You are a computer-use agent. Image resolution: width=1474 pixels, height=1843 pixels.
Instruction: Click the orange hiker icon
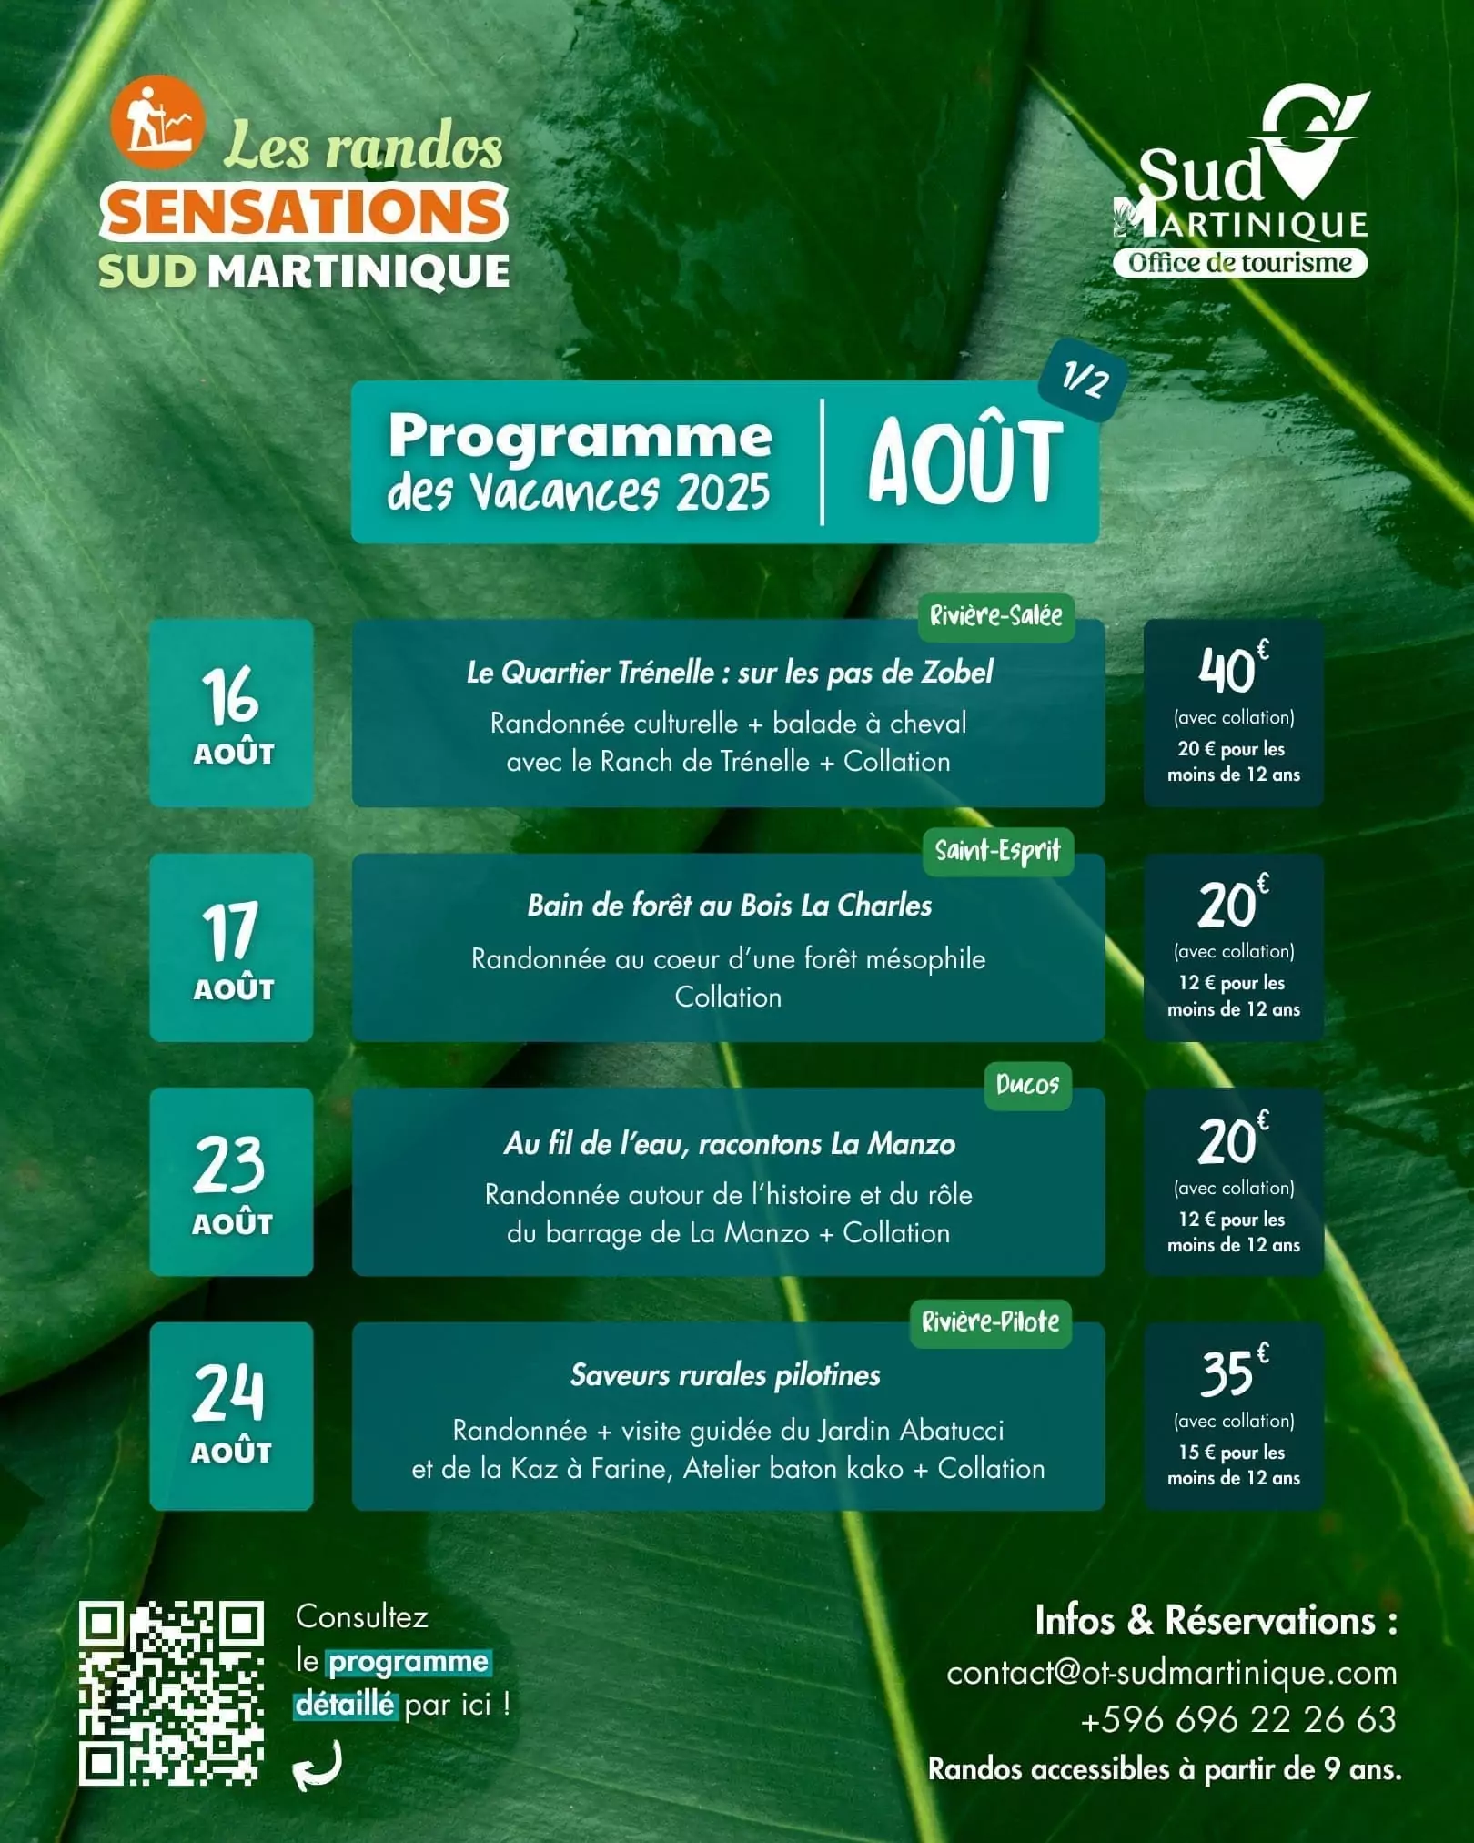(x=156, y=122)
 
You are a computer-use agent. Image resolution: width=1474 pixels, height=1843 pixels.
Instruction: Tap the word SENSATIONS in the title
(x=304, y=212)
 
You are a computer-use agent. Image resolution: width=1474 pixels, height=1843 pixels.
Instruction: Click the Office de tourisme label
(x=1239, y=263)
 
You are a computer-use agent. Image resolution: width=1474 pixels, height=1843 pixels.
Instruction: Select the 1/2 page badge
(x=1084, y=380)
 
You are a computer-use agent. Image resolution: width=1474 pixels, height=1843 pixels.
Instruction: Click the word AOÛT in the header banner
(x=964, y=462)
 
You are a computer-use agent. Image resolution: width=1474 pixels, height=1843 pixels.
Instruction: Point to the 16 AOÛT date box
(x=231, y=713)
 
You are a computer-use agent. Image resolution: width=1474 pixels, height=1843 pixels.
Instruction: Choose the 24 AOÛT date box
(x=231, y=1415)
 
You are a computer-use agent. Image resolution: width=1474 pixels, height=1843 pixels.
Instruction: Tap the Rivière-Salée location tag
(x=995, y=616)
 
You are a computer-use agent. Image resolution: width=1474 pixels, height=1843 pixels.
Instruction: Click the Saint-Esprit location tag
(x=998, y=851)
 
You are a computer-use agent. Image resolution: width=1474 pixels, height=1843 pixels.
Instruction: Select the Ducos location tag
(x=1027, y=1084)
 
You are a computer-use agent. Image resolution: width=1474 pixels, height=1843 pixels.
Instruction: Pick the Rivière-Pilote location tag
(x=990, y=1321)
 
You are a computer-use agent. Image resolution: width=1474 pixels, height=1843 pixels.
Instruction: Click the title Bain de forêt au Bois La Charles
(x=730, y=906)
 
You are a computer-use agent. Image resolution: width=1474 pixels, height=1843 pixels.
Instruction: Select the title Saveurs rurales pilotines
(x=725, y=1374)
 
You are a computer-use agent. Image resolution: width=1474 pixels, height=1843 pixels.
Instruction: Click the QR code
(x=171, y=1693)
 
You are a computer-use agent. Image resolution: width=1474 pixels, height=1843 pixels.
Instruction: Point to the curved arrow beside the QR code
(x=318, y=1766)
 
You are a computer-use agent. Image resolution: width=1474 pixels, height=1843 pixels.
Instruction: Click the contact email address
(x=1171, y=1673)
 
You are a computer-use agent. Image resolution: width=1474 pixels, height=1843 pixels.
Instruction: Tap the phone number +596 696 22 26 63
(x=1237, y=1719)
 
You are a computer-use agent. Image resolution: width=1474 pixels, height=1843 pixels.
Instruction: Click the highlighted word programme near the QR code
(x=408, y=1662)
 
